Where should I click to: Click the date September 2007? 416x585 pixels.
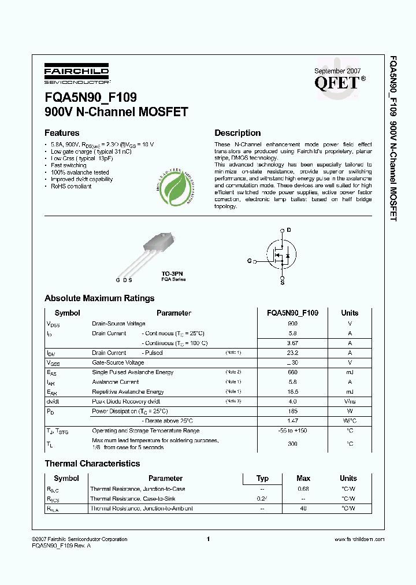[x=337, y=71]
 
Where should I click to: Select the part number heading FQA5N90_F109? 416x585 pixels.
[x=91, y=98]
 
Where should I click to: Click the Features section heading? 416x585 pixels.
[x=62, y=133]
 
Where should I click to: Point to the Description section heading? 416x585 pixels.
[x=237, y=133]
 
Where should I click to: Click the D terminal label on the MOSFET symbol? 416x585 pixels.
[x=289, y=230]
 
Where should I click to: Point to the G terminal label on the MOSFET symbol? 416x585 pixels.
[x=250, y=261]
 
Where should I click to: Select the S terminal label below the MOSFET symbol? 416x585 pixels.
[x=282, y=282]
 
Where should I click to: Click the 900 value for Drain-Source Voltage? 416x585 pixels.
[x=292, y=324]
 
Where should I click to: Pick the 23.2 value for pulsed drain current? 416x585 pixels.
[x=292, y=353]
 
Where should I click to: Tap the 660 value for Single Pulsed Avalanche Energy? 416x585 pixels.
[x=292, y=372]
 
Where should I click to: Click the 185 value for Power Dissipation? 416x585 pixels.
[x=292, y=412]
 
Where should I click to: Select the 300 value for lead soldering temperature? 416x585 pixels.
[x=292, y=443]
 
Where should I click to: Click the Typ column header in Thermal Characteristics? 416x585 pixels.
[x=262, y=478]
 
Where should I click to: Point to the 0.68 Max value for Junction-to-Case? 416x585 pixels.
[x=303, y=489]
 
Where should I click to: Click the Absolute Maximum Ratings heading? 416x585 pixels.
[x=99, y=298]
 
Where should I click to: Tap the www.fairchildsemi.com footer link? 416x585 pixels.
[x=359, y=539]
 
